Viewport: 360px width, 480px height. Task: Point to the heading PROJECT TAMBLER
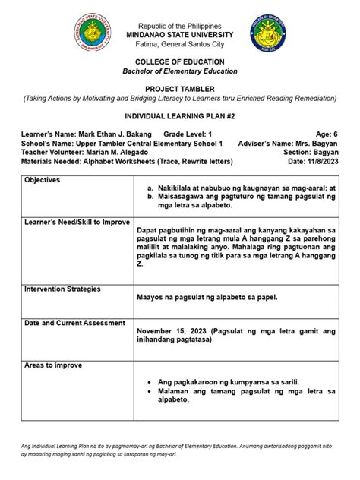tap(179, 89)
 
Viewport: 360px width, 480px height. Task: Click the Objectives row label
tap(46, 179)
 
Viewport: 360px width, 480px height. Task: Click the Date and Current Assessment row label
tap(74, 323)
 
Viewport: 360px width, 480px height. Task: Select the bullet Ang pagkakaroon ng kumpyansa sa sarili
tap(227, 381)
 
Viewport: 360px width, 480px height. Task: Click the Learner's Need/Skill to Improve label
tap(75, 223)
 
